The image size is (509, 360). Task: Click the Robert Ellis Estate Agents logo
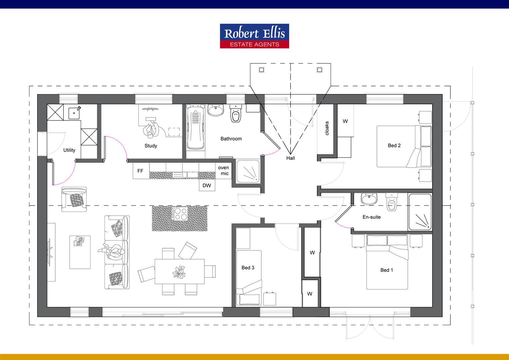[254, 36]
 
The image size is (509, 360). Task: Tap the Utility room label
[69, 150]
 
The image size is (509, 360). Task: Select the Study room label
[151, 146]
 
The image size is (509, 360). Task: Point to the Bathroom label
[231, 139]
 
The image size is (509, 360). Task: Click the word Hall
[290, 158]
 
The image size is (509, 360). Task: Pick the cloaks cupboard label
[327, 128]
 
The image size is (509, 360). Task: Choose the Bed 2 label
[394, 145]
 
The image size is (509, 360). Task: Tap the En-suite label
[371, 217]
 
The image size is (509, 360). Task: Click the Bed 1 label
[386, 270]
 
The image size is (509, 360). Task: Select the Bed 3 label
[248, 268]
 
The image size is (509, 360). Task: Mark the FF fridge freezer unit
[141, 171]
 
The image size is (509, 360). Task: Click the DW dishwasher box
[207, 185]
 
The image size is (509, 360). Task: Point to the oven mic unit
[224, 171]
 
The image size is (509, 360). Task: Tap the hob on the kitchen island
[180, 213]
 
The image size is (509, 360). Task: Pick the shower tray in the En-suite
[420, 212]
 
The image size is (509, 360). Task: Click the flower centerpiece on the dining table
[179, 272]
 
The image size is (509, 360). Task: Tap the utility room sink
[74, 113]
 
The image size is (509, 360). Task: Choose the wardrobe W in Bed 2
[345, 121]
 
